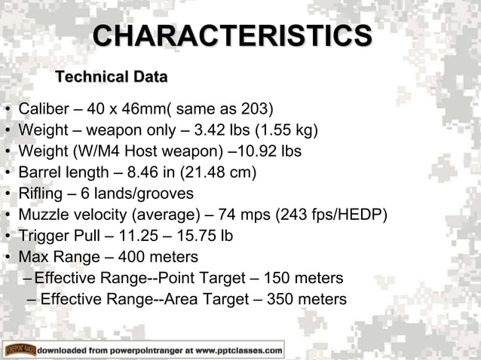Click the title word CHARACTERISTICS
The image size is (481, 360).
pos(232,37)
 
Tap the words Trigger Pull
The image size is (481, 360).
pos(63,236)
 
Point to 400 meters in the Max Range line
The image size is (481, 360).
pos(152,258)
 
